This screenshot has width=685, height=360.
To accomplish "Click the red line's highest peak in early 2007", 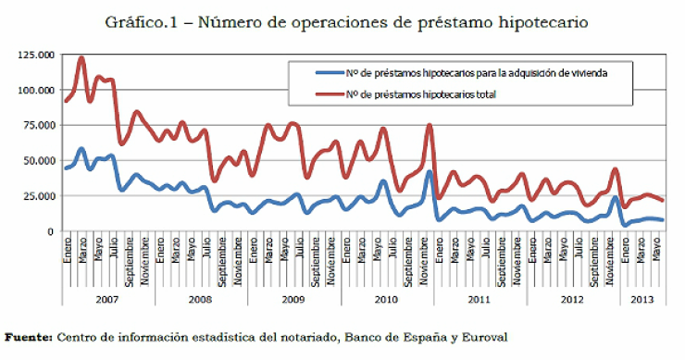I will click(81, 57).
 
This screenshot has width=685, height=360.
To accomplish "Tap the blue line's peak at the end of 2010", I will click(429, 171).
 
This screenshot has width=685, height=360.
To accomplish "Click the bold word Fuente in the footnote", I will click(28, 337).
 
